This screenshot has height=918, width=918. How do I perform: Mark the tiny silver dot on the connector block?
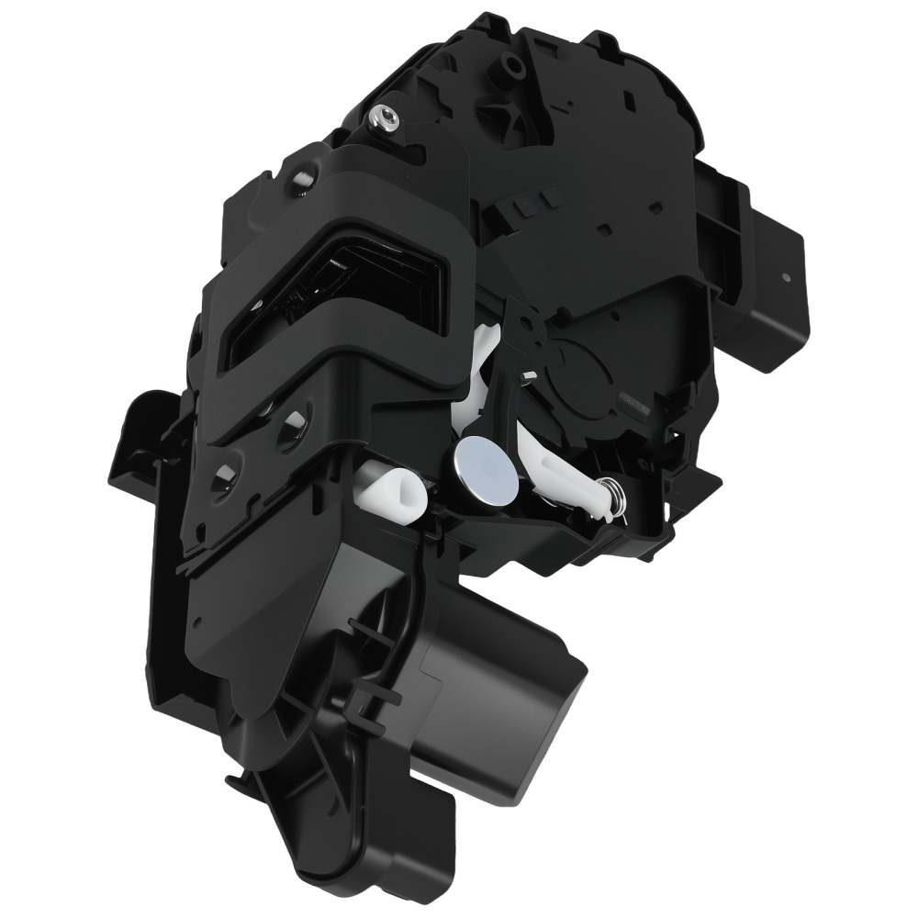click(x=787, y=274)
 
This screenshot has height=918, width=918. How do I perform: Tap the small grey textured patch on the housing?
click(x=634, y=402)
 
